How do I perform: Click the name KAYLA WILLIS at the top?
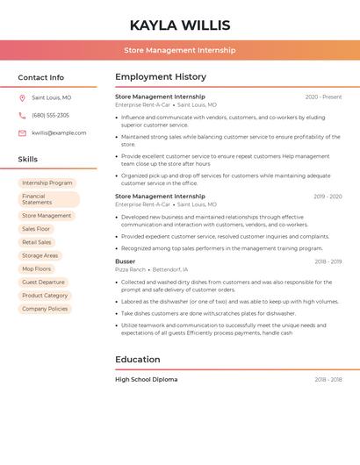[180, 25]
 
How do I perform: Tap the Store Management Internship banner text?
[180, 50]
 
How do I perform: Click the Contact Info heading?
[40, 77]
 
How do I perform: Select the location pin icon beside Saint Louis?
[22, 97]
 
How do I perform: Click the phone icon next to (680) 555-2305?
[22, 115]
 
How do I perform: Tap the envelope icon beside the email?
[22, 132]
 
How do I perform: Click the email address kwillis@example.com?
[59, 132]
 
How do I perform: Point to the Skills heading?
[28, 159]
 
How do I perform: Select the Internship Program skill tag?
[47, 182]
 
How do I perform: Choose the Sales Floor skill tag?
[36, 229]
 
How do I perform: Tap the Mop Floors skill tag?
[37, 268]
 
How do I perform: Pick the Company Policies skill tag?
[45, 309]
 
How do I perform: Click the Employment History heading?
[161, 76]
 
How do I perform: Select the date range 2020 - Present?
[323, 97]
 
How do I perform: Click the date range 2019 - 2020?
[328, 197]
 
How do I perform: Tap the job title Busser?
[126, 261]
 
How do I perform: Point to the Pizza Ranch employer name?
[131, 269]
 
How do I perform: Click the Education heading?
[138, 359]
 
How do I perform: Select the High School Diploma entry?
[147, 380]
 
